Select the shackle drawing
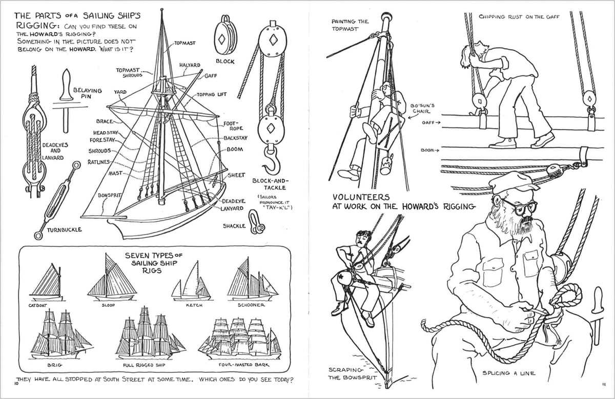257,225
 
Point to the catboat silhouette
47,284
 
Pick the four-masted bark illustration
240,338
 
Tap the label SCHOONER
251,305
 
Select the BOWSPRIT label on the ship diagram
109,196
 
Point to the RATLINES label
99,162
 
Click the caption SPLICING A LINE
509,373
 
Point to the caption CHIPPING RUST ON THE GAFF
519,17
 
